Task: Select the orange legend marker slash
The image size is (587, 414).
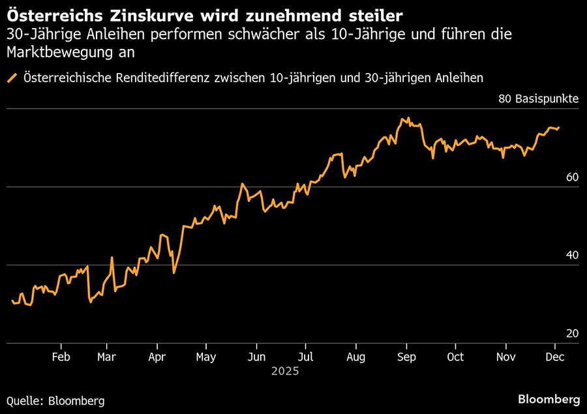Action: tap(12, 78)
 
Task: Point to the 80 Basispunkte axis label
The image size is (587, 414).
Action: tap(538, 99)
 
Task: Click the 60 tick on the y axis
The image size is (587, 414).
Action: tap(572, 177)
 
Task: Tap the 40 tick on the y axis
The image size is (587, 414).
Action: tap(572, 256)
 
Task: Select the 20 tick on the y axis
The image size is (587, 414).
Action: tap(572, 334)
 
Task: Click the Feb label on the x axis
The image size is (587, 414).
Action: tap(61, 357)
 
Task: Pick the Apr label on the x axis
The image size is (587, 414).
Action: tap(157, 357)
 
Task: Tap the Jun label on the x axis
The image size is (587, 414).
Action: tap(256, 357)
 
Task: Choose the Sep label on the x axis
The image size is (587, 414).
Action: tap(406, 357)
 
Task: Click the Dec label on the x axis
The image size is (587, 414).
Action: tap(555, 357)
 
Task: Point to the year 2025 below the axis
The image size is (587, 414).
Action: tap(286, 372)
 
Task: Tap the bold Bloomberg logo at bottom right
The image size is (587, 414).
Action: tap(549, 398)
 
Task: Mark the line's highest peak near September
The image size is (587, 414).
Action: tap(408, 118)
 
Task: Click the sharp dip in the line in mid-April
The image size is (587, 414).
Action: tap(173, 272)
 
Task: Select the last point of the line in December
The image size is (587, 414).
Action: tap(559, 128)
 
